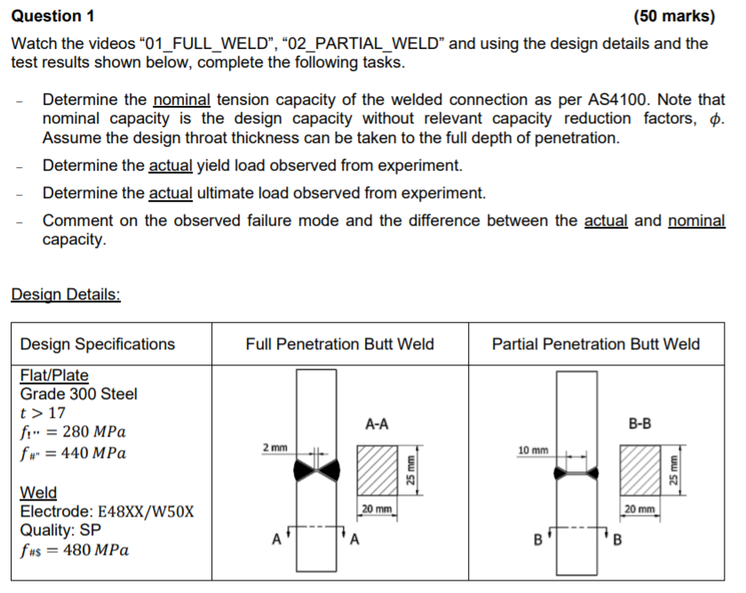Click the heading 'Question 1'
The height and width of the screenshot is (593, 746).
(52, 16)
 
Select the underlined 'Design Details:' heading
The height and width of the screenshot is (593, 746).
(66, 294)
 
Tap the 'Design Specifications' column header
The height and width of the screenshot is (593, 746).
(98, 344)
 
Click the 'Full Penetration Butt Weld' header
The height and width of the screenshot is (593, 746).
(339, 344)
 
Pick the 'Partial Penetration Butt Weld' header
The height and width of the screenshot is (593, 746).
(595, 344)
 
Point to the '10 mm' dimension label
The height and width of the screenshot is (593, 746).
(533, 451)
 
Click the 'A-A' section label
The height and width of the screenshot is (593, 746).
(377, 425)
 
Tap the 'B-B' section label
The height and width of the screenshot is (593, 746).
(639, 424)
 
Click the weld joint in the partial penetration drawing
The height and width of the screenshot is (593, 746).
(577, 474)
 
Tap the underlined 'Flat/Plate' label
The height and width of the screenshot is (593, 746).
(54, 375)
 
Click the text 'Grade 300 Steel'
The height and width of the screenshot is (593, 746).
(79, 394)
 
